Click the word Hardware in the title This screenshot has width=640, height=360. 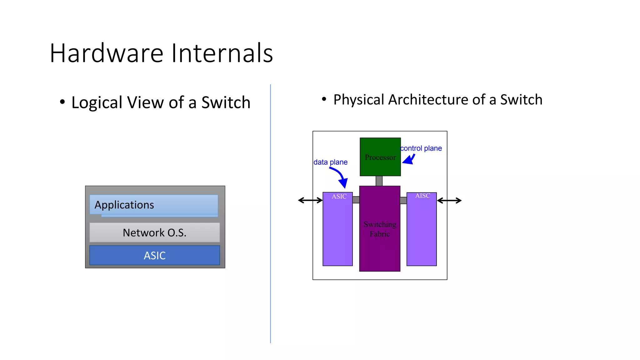point(106,53)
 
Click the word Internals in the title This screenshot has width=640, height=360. point(222,53)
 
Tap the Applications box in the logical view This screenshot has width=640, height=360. point(153,205)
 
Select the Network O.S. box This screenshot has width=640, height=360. point(154,232)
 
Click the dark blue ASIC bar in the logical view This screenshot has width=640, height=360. point(154,255)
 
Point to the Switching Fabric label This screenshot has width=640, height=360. point(380,229)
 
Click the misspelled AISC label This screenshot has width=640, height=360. point(422,196)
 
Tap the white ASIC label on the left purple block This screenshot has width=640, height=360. point(339,197)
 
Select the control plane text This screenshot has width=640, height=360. point(421,148)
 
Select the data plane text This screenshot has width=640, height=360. point(330,162)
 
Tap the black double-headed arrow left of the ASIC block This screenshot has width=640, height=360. point(310,200)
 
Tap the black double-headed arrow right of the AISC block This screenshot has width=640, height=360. point(449,201)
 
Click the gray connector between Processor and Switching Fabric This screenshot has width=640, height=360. point(379,181)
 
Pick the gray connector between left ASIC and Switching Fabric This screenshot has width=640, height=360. point(356,200)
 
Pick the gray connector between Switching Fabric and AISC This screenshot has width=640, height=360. point(403,200)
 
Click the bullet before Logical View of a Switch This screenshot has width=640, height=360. point(62,102)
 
